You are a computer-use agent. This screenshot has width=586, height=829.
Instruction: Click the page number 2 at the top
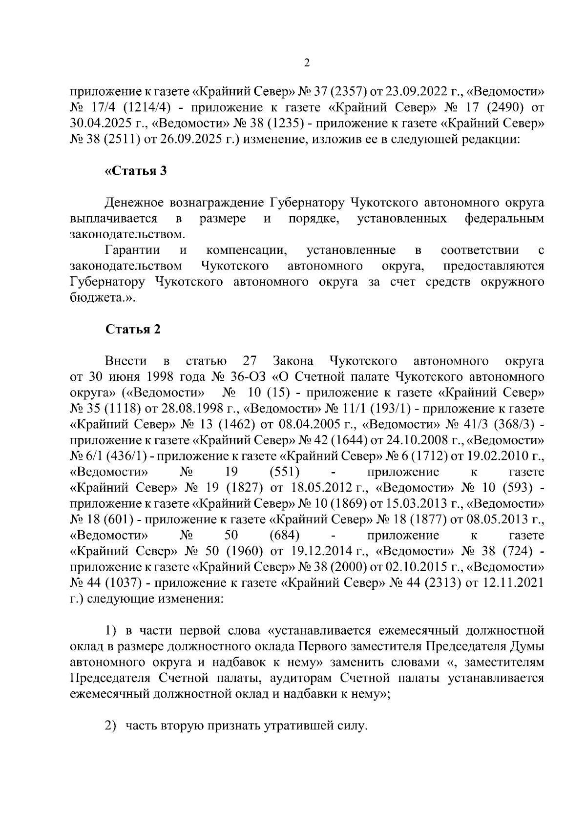pyautogui.click(x=307, y=63)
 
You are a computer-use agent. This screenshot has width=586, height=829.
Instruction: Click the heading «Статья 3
pyautogui.click(x=136, y=171)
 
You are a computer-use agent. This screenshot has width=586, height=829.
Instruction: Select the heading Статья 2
pyautogui.click(x=133, y=330)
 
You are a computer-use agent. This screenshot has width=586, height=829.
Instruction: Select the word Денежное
pyautogui.click(x=133, y=203)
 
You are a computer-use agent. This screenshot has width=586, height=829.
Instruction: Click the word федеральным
pyautogui.click(x=504, y=219)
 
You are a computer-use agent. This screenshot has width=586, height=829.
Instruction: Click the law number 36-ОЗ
pyautogui.click(x=250, y=377)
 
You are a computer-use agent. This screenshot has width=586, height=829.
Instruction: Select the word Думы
pyautogui.click(x=526, y=646)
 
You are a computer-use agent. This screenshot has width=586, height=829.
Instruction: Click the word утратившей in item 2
pyautogui.click(x=292, y=726)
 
